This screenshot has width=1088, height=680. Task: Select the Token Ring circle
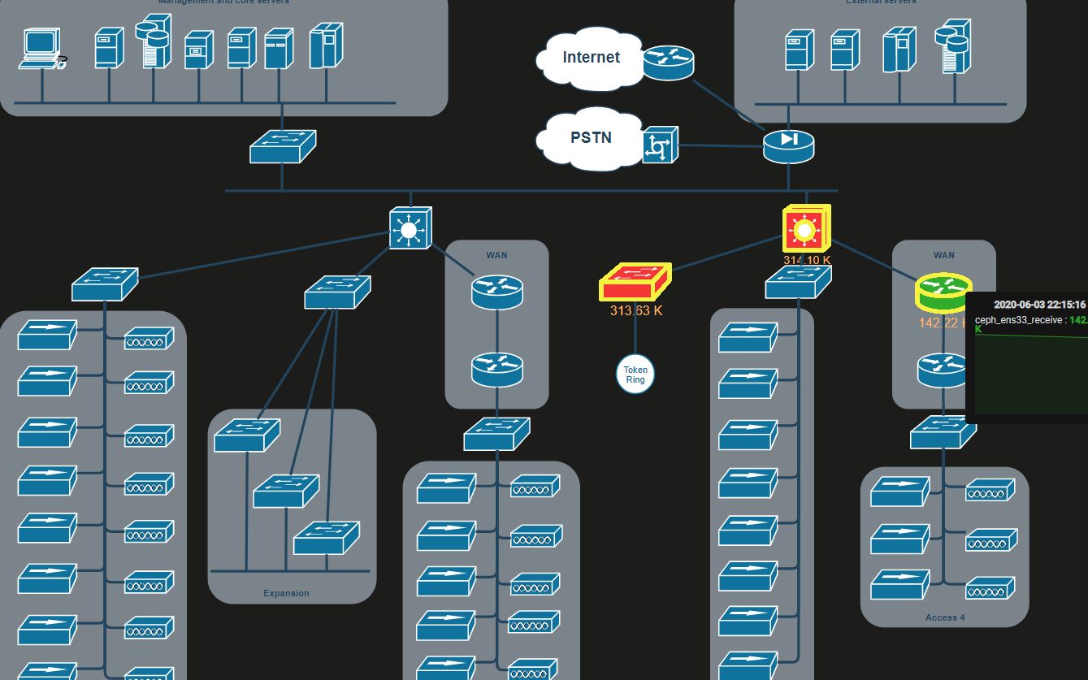[x=635, y=375]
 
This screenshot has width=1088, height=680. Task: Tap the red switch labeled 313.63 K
[x=635, y=283]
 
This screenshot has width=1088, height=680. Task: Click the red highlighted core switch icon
[x=804, y=229]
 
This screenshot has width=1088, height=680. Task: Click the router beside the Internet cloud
[x=669, y=63]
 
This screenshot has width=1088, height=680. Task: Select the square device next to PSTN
[x=660, y=145]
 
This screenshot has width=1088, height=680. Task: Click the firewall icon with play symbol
[x=788, y=145]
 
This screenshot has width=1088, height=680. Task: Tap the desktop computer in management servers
[x=42, y=49]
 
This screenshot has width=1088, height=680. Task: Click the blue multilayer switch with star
[x=410, y=228]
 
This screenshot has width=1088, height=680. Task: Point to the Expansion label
[x=286, y=593]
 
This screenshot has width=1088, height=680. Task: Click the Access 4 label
[x=944, y=617]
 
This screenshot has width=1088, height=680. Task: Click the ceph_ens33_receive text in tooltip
[x=1019, y=320]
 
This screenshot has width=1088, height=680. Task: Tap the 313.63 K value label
[x=636, y=310]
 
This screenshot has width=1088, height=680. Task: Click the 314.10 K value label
[x=806, y=260]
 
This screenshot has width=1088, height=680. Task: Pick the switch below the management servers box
[x=282, y=146]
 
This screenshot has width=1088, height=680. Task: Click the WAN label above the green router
[x=943, y=255]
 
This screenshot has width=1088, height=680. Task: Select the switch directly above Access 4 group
[x=943, y=432]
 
